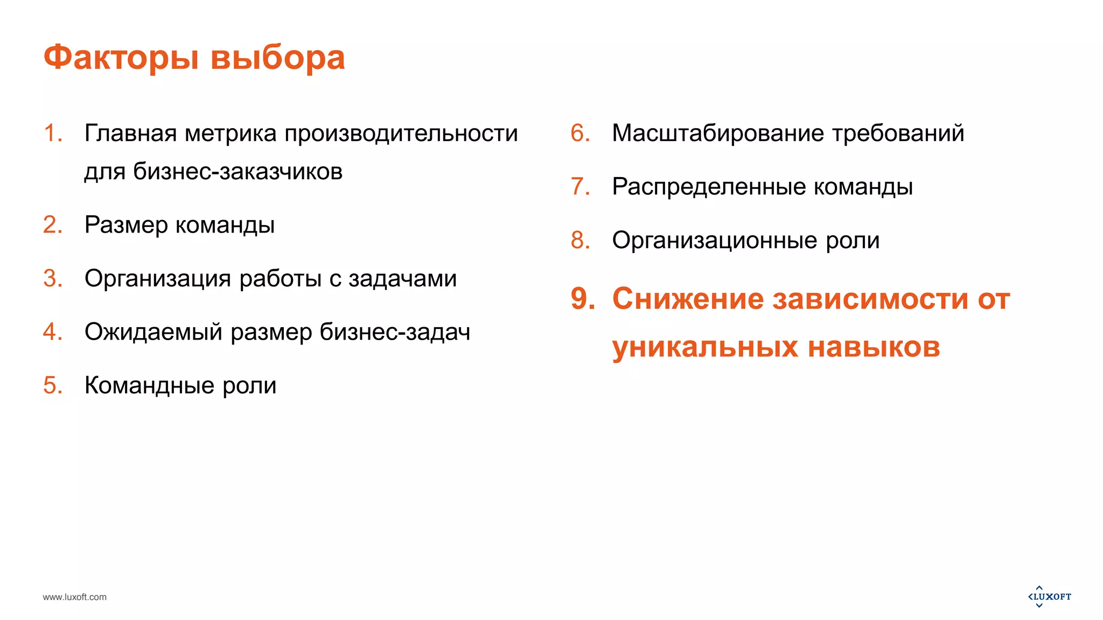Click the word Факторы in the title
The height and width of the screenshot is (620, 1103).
point(121,58)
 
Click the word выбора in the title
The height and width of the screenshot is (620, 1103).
point(277,58)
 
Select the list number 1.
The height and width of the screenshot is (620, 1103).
point(52,133)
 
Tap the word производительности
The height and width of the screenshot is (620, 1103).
point(401,133)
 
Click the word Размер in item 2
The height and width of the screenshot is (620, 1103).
point(126,225)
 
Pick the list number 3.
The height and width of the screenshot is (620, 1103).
point(52,278)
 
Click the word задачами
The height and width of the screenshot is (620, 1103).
point(402,278)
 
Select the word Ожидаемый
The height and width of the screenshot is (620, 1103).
point(153,332)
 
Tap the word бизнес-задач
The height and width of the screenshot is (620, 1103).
point(395,332)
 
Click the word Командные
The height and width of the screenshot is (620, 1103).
point(149,385)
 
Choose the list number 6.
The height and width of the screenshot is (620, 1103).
point(580,133)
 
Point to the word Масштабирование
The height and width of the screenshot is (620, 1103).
point(717,133)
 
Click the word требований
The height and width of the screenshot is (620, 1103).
point(898,133)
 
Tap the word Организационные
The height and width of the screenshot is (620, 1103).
point(714,240)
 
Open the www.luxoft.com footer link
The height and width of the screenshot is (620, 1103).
point(75,597)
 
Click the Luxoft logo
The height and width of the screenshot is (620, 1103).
point(1050,596)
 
